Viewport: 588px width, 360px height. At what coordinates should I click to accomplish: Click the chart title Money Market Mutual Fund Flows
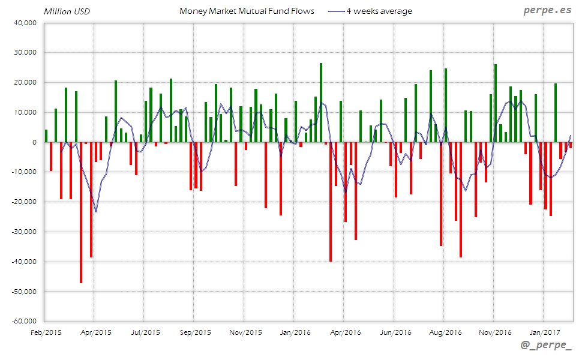click(247, 11)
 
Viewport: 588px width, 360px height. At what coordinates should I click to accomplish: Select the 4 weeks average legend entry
click(378, 11)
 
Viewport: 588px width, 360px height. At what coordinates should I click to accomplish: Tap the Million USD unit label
click(67, 11)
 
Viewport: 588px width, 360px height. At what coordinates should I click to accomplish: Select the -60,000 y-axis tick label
click(23, 321)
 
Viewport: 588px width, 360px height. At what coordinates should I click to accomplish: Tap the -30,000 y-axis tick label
click(23, 232)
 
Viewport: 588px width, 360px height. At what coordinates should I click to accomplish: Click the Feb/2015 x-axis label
click(46, 331)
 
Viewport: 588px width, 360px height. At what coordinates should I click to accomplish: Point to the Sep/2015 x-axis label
click(195, 331)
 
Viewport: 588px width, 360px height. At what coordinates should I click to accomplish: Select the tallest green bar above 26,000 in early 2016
click(321, 102)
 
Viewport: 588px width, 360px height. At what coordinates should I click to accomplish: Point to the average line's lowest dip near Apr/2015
click(96, 211)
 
